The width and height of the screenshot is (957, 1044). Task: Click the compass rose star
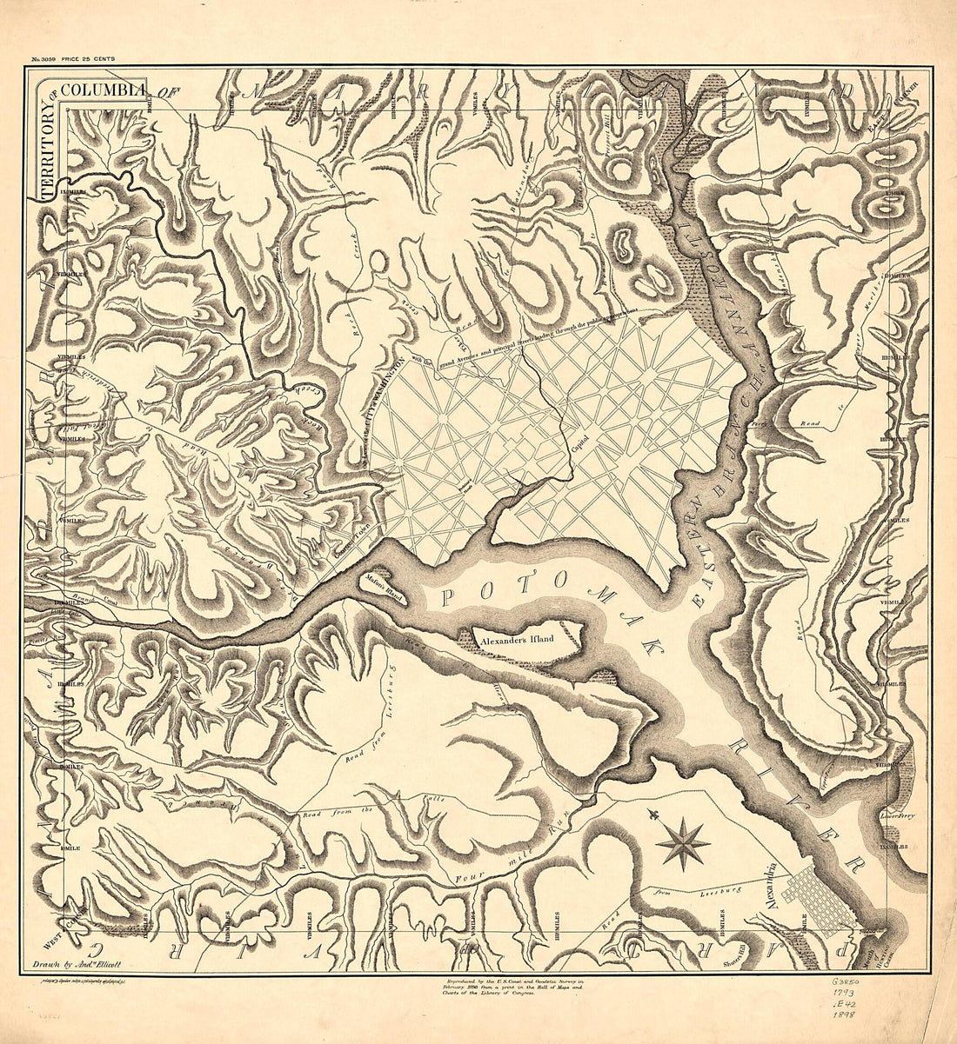(683, 842)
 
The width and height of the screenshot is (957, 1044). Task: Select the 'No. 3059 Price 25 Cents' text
(73, 59)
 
